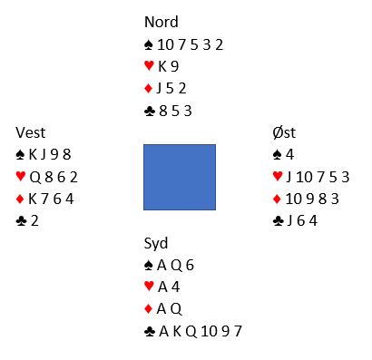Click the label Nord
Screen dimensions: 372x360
coord(162,22)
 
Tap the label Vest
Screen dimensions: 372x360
coord(31,132)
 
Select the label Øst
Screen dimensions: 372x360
coord(284,132)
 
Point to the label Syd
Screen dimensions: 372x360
coord(156,244)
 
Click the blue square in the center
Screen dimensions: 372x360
coord(180,177)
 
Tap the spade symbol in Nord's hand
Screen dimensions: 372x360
coord(148,45)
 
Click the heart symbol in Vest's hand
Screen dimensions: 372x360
coord(21,176)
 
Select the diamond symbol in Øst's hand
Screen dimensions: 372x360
coord(277,199)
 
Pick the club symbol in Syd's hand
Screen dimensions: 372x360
coord(150,332)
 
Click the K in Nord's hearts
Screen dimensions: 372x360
coord(162,66)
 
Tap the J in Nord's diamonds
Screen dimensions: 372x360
coord(159,89)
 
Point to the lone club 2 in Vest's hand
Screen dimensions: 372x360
coord(34,221)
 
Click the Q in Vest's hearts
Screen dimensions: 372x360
coord(35,177)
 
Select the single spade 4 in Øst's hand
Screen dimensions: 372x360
coord(289,155)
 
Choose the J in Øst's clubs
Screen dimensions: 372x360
coord(289,221)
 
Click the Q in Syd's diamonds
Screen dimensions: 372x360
coord(176,309)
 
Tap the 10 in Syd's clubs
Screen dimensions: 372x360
coord(209,332)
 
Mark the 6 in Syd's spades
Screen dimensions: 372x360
coord(190,266)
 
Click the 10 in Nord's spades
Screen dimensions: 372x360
coord(165,45)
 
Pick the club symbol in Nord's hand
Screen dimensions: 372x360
coord(150,112)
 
